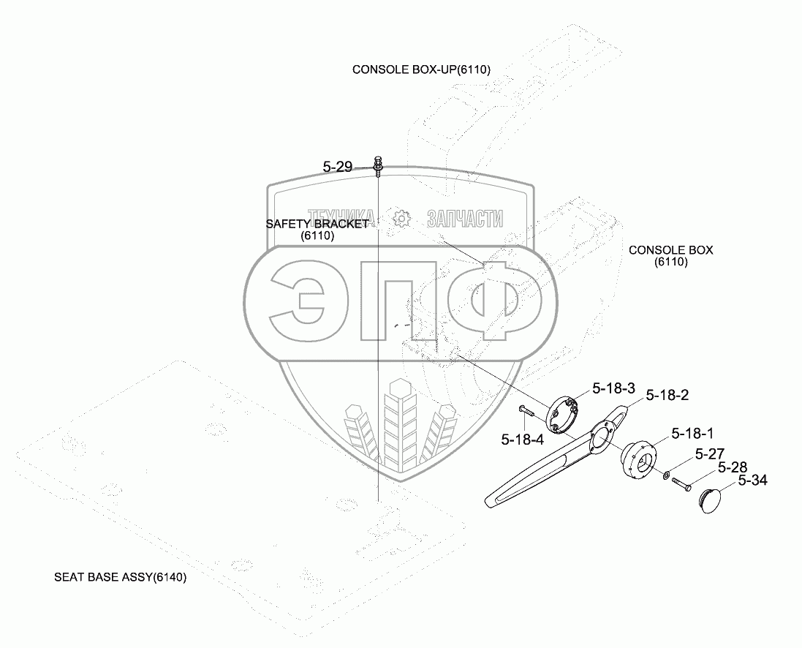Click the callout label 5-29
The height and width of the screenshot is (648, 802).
(337, 167)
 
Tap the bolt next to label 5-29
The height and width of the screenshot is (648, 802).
(378, 166)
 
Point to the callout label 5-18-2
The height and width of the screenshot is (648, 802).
(668, 395)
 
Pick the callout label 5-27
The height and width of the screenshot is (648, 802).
(710, 454)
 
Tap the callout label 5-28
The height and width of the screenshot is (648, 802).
(732, 467)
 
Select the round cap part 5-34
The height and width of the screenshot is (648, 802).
(707, 502)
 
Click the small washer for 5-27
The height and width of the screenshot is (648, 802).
(666, 476)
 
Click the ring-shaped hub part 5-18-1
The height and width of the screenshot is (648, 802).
(638, 460)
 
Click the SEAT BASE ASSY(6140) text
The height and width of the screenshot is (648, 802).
(121, 577)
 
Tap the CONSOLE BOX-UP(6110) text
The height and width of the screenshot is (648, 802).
(421, 69)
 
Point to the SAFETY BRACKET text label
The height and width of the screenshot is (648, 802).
(317, 224)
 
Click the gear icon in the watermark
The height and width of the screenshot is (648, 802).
(400, 218)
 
